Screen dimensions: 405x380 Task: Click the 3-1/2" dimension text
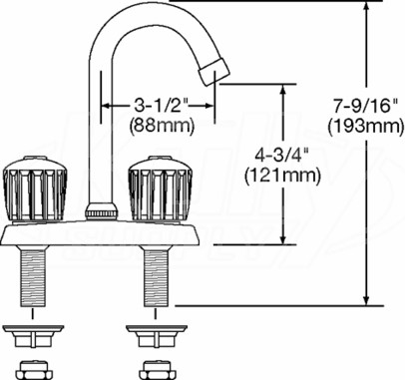point(162,106)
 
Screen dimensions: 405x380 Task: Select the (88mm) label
point(162,126)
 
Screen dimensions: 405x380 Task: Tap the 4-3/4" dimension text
point(282,156)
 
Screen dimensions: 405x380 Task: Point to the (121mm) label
point(282,176)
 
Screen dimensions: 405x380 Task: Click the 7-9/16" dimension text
point(366,108)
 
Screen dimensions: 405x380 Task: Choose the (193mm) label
point(366,127)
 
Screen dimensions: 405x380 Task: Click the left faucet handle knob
point(35,189)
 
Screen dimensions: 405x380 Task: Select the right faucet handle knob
point(160,189)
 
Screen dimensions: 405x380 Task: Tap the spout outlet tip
point(214,72)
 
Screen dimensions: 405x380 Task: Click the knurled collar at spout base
point(102,211)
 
